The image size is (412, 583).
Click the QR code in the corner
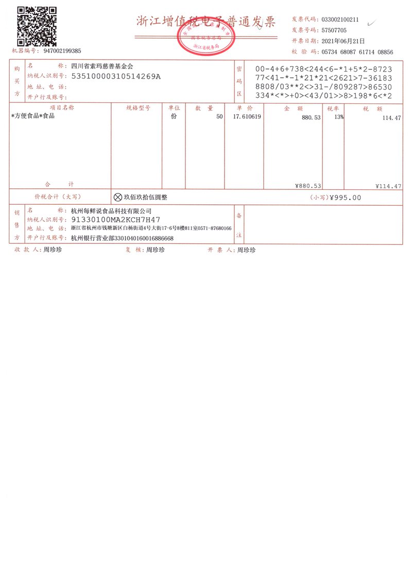[37, 26]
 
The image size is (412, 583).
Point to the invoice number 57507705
[334, 30]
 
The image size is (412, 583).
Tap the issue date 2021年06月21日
[343, 41]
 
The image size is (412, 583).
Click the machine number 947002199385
[62, 51]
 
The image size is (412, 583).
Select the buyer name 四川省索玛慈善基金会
[101, 66]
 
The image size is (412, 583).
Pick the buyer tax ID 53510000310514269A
[116, 77]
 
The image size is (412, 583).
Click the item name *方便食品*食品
[33, 116]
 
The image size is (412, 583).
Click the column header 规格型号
[138, 108]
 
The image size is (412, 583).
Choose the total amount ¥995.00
[345, 198]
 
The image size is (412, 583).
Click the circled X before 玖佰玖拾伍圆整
[117, 197]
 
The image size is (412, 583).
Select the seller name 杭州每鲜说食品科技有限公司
[112, 211]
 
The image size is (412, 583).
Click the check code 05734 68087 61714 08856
[357, 52]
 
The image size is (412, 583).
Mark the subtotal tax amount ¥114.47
[389, 186]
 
